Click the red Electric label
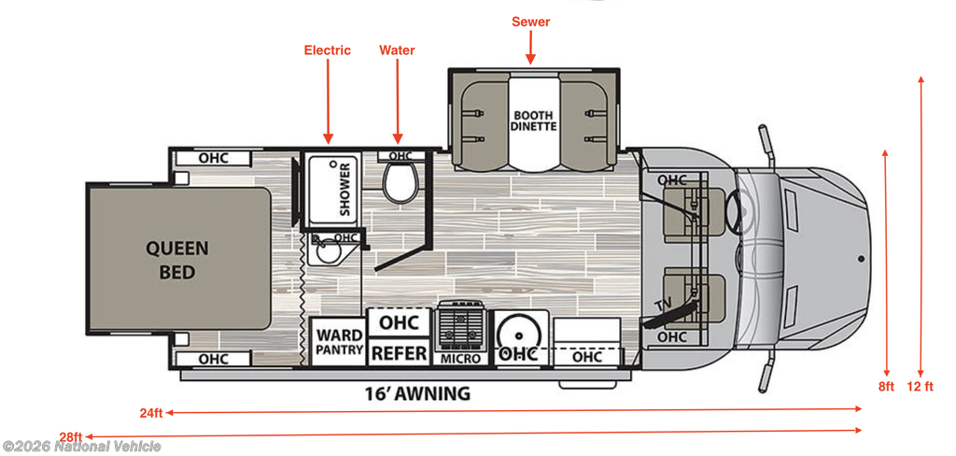(328, 50)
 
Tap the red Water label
(397, 50)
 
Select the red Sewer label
(530, 21)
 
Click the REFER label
(400, 354)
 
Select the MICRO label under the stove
(461, 359)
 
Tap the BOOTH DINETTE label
(534, 121)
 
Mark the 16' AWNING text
(416, 393)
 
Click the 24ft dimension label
(152, 411)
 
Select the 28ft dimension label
(70, 436)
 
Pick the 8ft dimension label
(886, 386)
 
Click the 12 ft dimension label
(921, 386)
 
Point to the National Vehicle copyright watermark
(81, 447)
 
